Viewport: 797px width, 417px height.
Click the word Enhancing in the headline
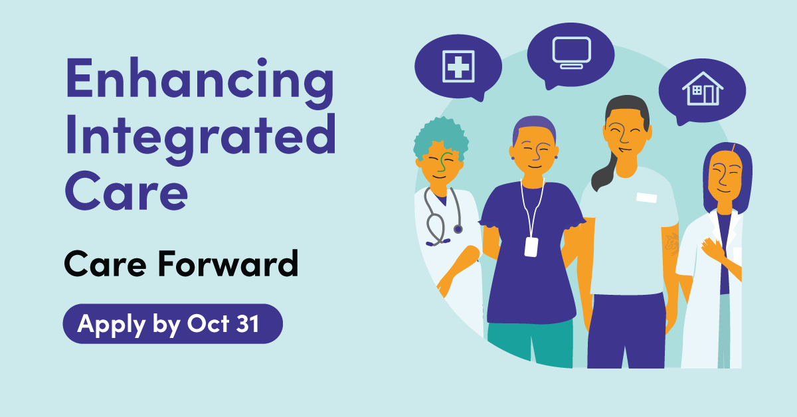pos(200,82)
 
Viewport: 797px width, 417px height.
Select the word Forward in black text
pos(228,264)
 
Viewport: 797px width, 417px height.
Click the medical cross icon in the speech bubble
pos(458,66)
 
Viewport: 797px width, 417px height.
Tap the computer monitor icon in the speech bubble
pos(572,52)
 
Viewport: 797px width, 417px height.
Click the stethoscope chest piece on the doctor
pos(458,229)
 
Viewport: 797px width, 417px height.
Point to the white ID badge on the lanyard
pos(531,246)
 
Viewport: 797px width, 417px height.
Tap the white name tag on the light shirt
pos(646,197)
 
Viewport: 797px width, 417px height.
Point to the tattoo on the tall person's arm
pos(672,244)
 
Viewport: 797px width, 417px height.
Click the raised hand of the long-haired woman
pos(711,249)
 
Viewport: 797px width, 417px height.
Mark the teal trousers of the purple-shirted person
pos(530,344)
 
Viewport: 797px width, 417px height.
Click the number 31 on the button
pos(248,324)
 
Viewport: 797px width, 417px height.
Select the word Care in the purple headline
pos(126,191)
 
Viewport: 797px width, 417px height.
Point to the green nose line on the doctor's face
pos(442,163)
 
